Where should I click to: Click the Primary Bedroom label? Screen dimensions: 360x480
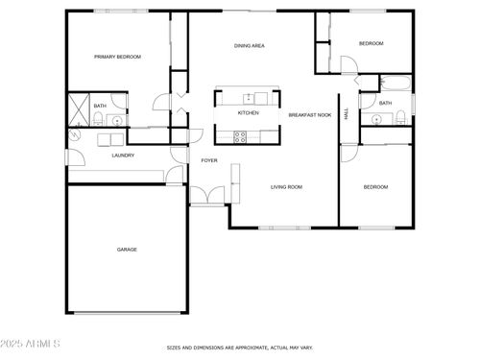[117, 58]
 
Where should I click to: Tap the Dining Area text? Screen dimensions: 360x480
[250, 46]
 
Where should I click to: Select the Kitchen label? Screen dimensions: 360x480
[249, 113]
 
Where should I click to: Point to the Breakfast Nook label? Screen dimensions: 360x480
[310, 115]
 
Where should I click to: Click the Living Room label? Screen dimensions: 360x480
[286, 187]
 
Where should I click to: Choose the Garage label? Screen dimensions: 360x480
[127, 250]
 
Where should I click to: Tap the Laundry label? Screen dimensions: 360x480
[123, 156]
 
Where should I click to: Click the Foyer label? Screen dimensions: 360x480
[208, 160]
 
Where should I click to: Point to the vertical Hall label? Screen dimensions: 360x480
[346, 113]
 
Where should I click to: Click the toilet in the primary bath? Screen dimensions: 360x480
[98, 119]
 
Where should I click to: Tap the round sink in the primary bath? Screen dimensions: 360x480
[115, 121]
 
